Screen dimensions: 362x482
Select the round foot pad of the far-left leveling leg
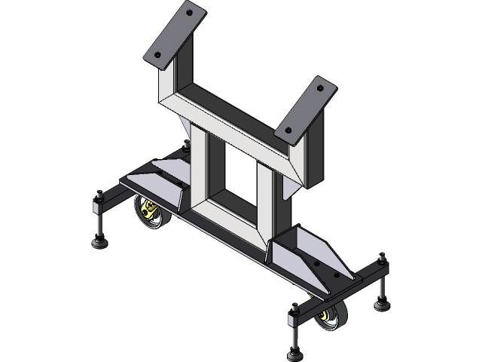tap(99, 242)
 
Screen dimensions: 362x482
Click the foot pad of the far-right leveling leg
tap(383, 305)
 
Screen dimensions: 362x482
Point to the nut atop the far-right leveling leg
tap(383, 258)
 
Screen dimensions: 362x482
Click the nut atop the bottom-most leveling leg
tap(294, 307)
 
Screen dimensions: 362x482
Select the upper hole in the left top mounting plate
tap(189, 13)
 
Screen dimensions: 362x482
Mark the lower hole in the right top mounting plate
tap(288, 130)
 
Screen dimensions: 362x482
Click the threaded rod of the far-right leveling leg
tap(383, 283)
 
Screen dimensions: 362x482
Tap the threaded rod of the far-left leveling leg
tap(99, 220)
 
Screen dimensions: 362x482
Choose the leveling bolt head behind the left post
tap(185, 143)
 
